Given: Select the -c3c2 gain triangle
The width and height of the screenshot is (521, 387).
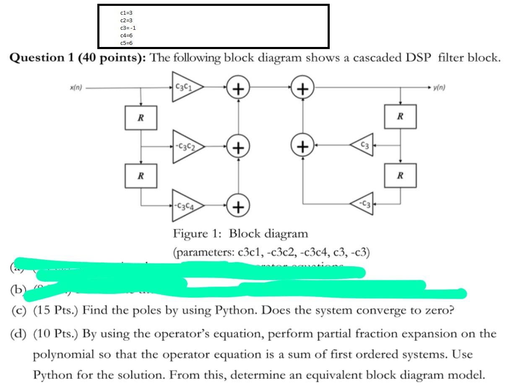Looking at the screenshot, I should [x=185, y=146].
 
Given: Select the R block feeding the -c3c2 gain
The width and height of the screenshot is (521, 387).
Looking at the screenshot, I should [x=141, y=117].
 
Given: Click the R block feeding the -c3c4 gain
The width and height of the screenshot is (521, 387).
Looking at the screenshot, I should [x=141, y=176].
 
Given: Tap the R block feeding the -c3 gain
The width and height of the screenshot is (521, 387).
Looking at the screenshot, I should [x=400, y=176].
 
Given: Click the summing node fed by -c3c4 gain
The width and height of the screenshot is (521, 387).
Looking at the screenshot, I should [x=238, y=206].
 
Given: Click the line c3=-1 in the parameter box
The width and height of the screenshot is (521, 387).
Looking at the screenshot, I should [x=128, y=28].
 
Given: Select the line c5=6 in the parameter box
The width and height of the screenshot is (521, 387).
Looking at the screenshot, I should [x=126, y=43].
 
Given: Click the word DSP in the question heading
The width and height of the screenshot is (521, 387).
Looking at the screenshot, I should [x=417, y=57].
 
